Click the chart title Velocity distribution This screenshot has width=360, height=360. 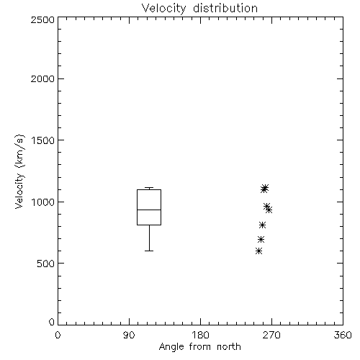click(x=199, y=9)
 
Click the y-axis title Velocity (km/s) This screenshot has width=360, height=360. click(x=19, y=172)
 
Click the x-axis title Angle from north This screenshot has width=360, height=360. click(x=199, y=347)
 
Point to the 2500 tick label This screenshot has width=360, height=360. click(x=42, y=19)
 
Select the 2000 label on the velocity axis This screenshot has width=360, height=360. click(x=42, y=78)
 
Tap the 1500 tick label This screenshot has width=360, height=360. click(x=43, y=140)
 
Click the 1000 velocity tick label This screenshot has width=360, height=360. click(x=43, y=202)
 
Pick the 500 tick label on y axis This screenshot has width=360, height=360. click(x=46, y=264)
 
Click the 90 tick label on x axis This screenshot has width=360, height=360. click(x=129, y=335)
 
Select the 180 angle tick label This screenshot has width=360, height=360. click(x=200, y=335)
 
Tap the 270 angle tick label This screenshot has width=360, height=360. click(x=271, y=335)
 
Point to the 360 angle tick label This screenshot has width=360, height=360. click(x=343, y=335)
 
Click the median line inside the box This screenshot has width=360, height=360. click(x=149, y=210)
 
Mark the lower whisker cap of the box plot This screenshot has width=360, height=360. click(x=149, y=251)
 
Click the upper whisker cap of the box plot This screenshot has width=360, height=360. click(x=149, y=187)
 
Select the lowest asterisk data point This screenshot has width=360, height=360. click(x=258, y=251)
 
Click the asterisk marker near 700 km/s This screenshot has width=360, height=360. click(x=261, y=239)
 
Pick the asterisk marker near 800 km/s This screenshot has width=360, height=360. click(x=262, y=225)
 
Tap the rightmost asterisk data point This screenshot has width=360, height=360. click(x=269, y=210)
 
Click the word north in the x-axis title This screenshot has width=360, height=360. click(x=229, y=347)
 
